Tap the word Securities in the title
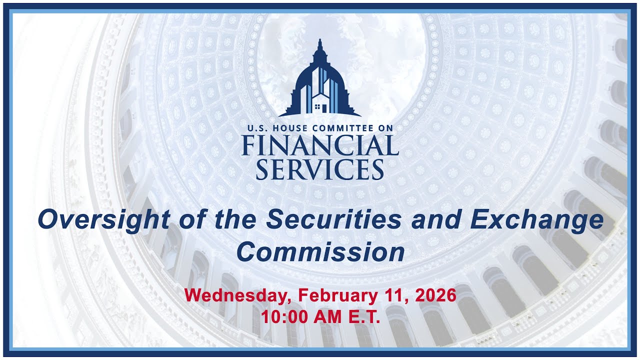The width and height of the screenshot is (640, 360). pos(334,219)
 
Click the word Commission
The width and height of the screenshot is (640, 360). pos(320,251)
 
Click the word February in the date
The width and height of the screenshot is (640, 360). pos(338,295)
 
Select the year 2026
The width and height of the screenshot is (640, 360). pos(435,295)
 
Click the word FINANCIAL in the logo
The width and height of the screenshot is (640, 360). pos(320,145)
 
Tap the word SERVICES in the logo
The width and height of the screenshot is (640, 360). pos(320,169)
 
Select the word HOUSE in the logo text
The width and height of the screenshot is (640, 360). pos(289,128)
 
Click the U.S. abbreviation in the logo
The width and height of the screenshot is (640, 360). pos(257,128)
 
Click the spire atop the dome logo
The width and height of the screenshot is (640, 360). pos(320,45)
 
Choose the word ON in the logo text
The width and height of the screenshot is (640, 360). pos(386,128)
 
